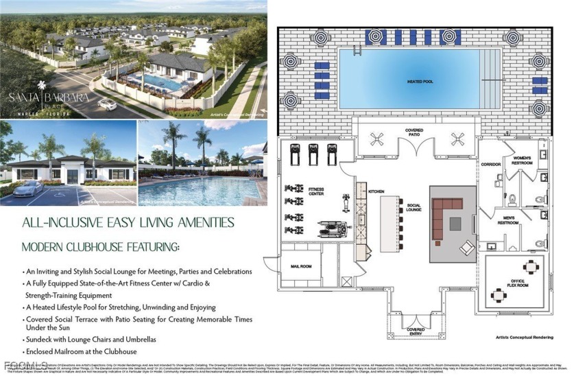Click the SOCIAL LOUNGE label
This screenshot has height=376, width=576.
click(413, 208)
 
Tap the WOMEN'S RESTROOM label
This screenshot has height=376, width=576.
click(523, 161)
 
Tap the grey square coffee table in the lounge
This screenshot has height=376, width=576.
click(455, 222)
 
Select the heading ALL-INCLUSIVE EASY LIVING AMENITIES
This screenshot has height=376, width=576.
click(128, 222)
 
